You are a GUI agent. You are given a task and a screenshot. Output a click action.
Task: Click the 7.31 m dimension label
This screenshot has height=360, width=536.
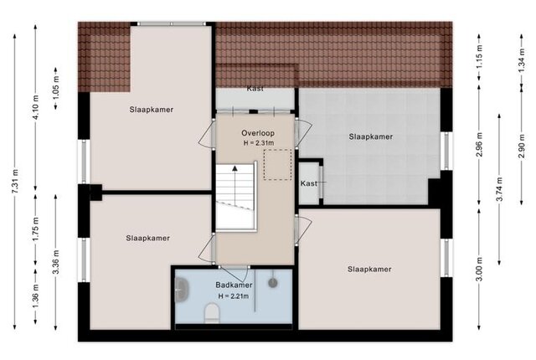pyautogui.click(x=16, y=181)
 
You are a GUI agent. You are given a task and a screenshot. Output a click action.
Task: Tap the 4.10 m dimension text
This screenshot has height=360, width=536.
pyautogui.click(x=36, y=106)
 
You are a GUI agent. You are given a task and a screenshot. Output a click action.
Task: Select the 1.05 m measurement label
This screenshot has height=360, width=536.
pyautogui.click(x=56, y=87)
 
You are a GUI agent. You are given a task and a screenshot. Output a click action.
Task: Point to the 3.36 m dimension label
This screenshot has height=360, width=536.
pyautogui.click(x=56, y=262)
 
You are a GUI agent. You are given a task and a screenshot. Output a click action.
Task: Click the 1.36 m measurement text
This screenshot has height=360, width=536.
pyautogui.click(x=36, y=296)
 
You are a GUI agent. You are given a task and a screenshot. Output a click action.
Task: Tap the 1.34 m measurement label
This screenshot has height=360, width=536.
pyautogui.click(x=521, y=60)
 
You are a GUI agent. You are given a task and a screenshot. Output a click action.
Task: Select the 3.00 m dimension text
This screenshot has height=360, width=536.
pyautogui.click(x=479, y=269)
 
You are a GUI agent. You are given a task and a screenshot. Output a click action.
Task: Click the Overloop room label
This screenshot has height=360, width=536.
pyautogui.click(x=258, y=133)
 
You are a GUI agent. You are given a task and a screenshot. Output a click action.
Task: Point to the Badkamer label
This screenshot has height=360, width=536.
pyautogui.click(x=234, y=285)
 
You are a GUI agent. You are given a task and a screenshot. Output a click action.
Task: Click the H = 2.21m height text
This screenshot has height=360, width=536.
pyautogui.click(x=234, y=296)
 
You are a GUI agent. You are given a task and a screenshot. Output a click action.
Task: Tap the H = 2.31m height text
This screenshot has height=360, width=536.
pyautogui.click(x=259, y=143)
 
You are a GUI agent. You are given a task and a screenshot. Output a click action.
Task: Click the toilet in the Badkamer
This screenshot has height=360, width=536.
pyautogui.click(x=212, y=314)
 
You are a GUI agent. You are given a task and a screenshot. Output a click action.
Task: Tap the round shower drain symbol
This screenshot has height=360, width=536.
pyautogui.click(x=272, y=282)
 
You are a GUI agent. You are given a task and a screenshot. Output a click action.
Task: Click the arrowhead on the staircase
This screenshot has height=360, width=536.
pyautogui.click(x=234, y=168)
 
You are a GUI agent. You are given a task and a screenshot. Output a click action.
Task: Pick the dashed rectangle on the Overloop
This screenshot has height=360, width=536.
pyautogui.click(x=277, y=165)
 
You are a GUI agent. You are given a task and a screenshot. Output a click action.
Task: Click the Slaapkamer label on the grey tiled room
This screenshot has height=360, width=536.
pyautogui.click(x=370, y=136)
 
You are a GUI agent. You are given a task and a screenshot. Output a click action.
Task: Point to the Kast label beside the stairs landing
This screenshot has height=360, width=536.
pyautogui.click(x=309, y=183)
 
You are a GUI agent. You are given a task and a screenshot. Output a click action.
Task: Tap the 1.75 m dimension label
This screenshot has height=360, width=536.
pyautogui.click(x=36, y=229)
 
